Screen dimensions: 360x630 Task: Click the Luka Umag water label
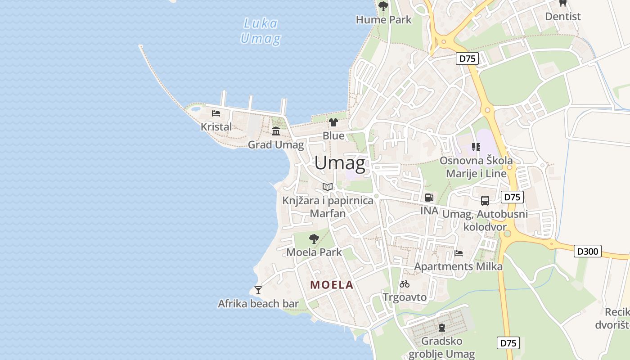261,31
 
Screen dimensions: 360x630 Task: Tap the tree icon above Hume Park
383,6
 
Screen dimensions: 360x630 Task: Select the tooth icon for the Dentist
562,3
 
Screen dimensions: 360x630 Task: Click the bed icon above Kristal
216,113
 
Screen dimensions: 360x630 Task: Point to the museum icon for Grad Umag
275,131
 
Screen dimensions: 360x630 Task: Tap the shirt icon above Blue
333,122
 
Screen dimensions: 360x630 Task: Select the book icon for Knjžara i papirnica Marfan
328,187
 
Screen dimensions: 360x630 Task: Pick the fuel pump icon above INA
429,197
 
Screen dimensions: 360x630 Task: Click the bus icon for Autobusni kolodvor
485,201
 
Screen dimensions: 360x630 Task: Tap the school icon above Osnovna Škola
476,147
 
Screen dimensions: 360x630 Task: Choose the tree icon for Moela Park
314,238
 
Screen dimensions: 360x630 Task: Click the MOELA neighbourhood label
332,285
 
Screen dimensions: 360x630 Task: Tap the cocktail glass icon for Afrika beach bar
258,290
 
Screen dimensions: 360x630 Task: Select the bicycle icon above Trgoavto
405,284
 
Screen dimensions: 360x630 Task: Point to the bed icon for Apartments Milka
459,253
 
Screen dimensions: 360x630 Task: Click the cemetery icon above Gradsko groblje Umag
441,327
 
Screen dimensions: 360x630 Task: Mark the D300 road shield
588,251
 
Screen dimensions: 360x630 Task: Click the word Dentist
562,17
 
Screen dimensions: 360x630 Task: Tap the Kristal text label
216,127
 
